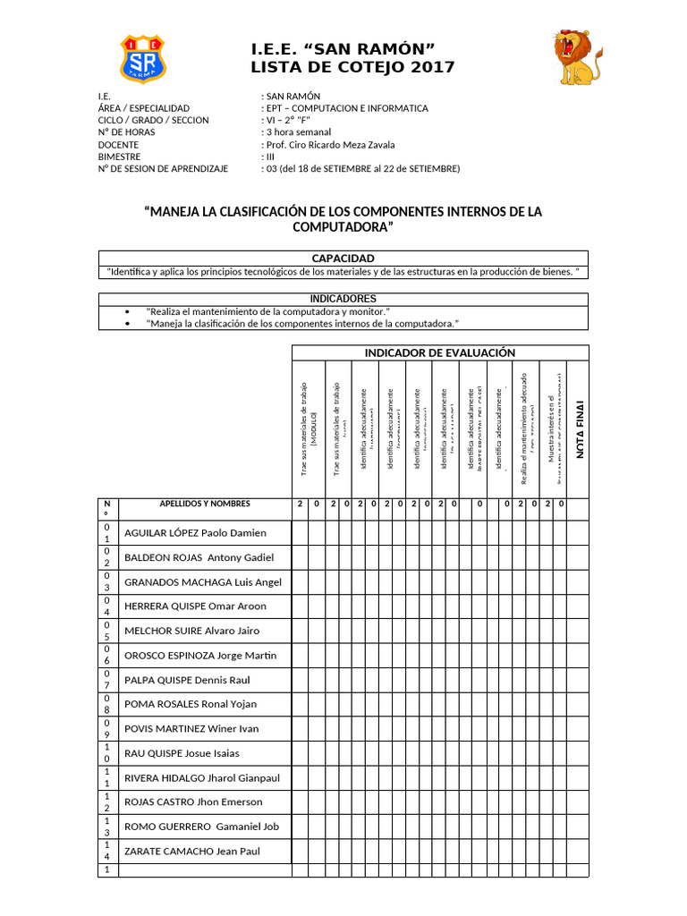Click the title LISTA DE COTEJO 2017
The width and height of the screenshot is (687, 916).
[352, 67]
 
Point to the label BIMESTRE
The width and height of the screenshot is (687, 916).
[120, 157]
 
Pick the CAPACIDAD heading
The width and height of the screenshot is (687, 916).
[343, 258]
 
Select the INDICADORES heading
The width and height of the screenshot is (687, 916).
[343, 298]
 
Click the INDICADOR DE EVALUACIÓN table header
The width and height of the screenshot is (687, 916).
[439, 352]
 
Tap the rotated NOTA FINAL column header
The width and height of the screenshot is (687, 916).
[579, 428]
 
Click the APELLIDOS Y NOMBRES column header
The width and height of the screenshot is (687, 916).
[205, 504]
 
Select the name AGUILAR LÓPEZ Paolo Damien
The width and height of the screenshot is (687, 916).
[195, 533]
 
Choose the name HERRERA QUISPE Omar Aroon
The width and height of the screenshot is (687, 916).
[195, 606]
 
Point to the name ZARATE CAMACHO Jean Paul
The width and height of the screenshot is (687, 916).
[191, 851]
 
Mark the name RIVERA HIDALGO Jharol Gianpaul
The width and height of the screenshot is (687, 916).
[201, 777]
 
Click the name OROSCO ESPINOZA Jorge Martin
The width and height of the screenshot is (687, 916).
[200, 656]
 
